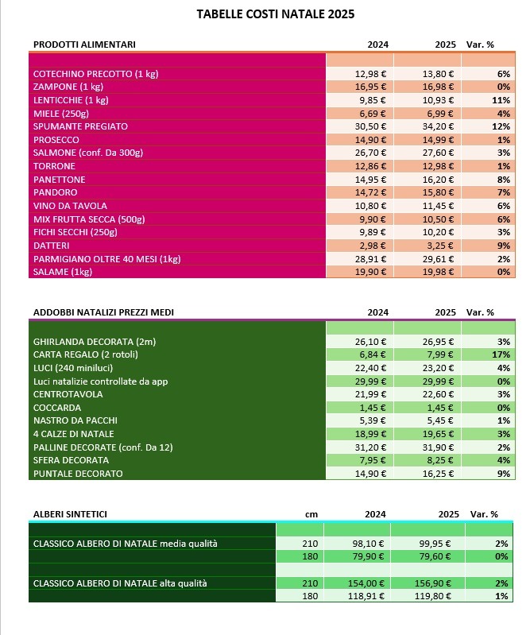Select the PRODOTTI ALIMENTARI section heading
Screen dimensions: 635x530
84,45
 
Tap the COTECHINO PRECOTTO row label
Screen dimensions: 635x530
95,74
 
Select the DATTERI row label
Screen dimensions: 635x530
52,246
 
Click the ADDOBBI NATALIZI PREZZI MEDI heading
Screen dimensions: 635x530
103,312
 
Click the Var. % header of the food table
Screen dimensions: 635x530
480,45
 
